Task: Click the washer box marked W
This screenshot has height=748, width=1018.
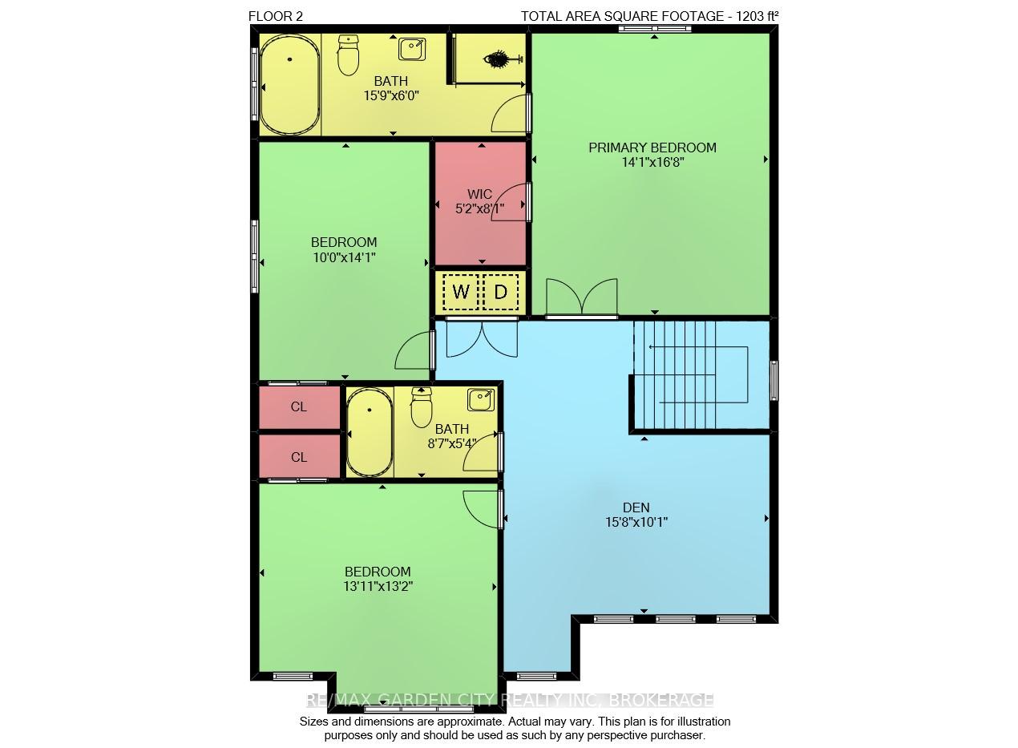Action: pyautogui.click(x=460, y=292)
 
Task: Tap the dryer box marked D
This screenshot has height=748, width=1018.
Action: pyautogui.click(x=500, y=292)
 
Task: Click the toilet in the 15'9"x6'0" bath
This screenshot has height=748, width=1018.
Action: pyautogui.click(x=349, y=55)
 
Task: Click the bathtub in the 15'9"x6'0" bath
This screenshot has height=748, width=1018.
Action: pyautogui.click(x=290, y=84)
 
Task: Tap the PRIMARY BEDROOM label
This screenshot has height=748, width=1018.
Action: pyautogui.click(x=652, y=148)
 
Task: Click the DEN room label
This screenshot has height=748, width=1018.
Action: pyautogui.click(x=636, y=507)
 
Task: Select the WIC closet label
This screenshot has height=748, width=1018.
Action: pyautogui.click(x=479, y=194)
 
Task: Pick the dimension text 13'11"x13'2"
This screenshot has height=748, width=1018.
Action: pyautogui.click(x=378, y=586)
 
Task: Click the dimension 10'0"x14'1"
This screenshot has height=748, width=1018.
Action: pyautogui.click(x=344, y=257)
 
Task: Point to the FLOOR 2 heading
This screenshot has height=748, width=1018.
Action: pyautogui.click(x=276, y=16)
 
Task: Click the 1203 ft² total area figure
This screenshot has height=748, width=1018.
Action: pyautogui.click(x=757, y=16)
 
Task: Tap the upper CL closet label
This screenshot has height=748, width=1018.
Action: pyautogui.click(x=298, y=406)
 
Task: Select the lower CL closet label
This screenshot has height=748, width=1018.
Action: pyautogui.click(x=298, y=457)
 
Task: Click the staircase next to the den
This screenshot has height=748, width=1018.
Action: pyautogui.click(x=700, y=375)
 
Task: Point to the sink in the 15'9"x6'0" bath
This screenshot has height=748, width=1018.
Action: pyautogui.click(x=412, y=49)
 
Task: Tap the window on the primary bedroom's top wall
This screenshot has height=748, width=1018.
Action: pyautogui.click(x=655, y=29)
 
